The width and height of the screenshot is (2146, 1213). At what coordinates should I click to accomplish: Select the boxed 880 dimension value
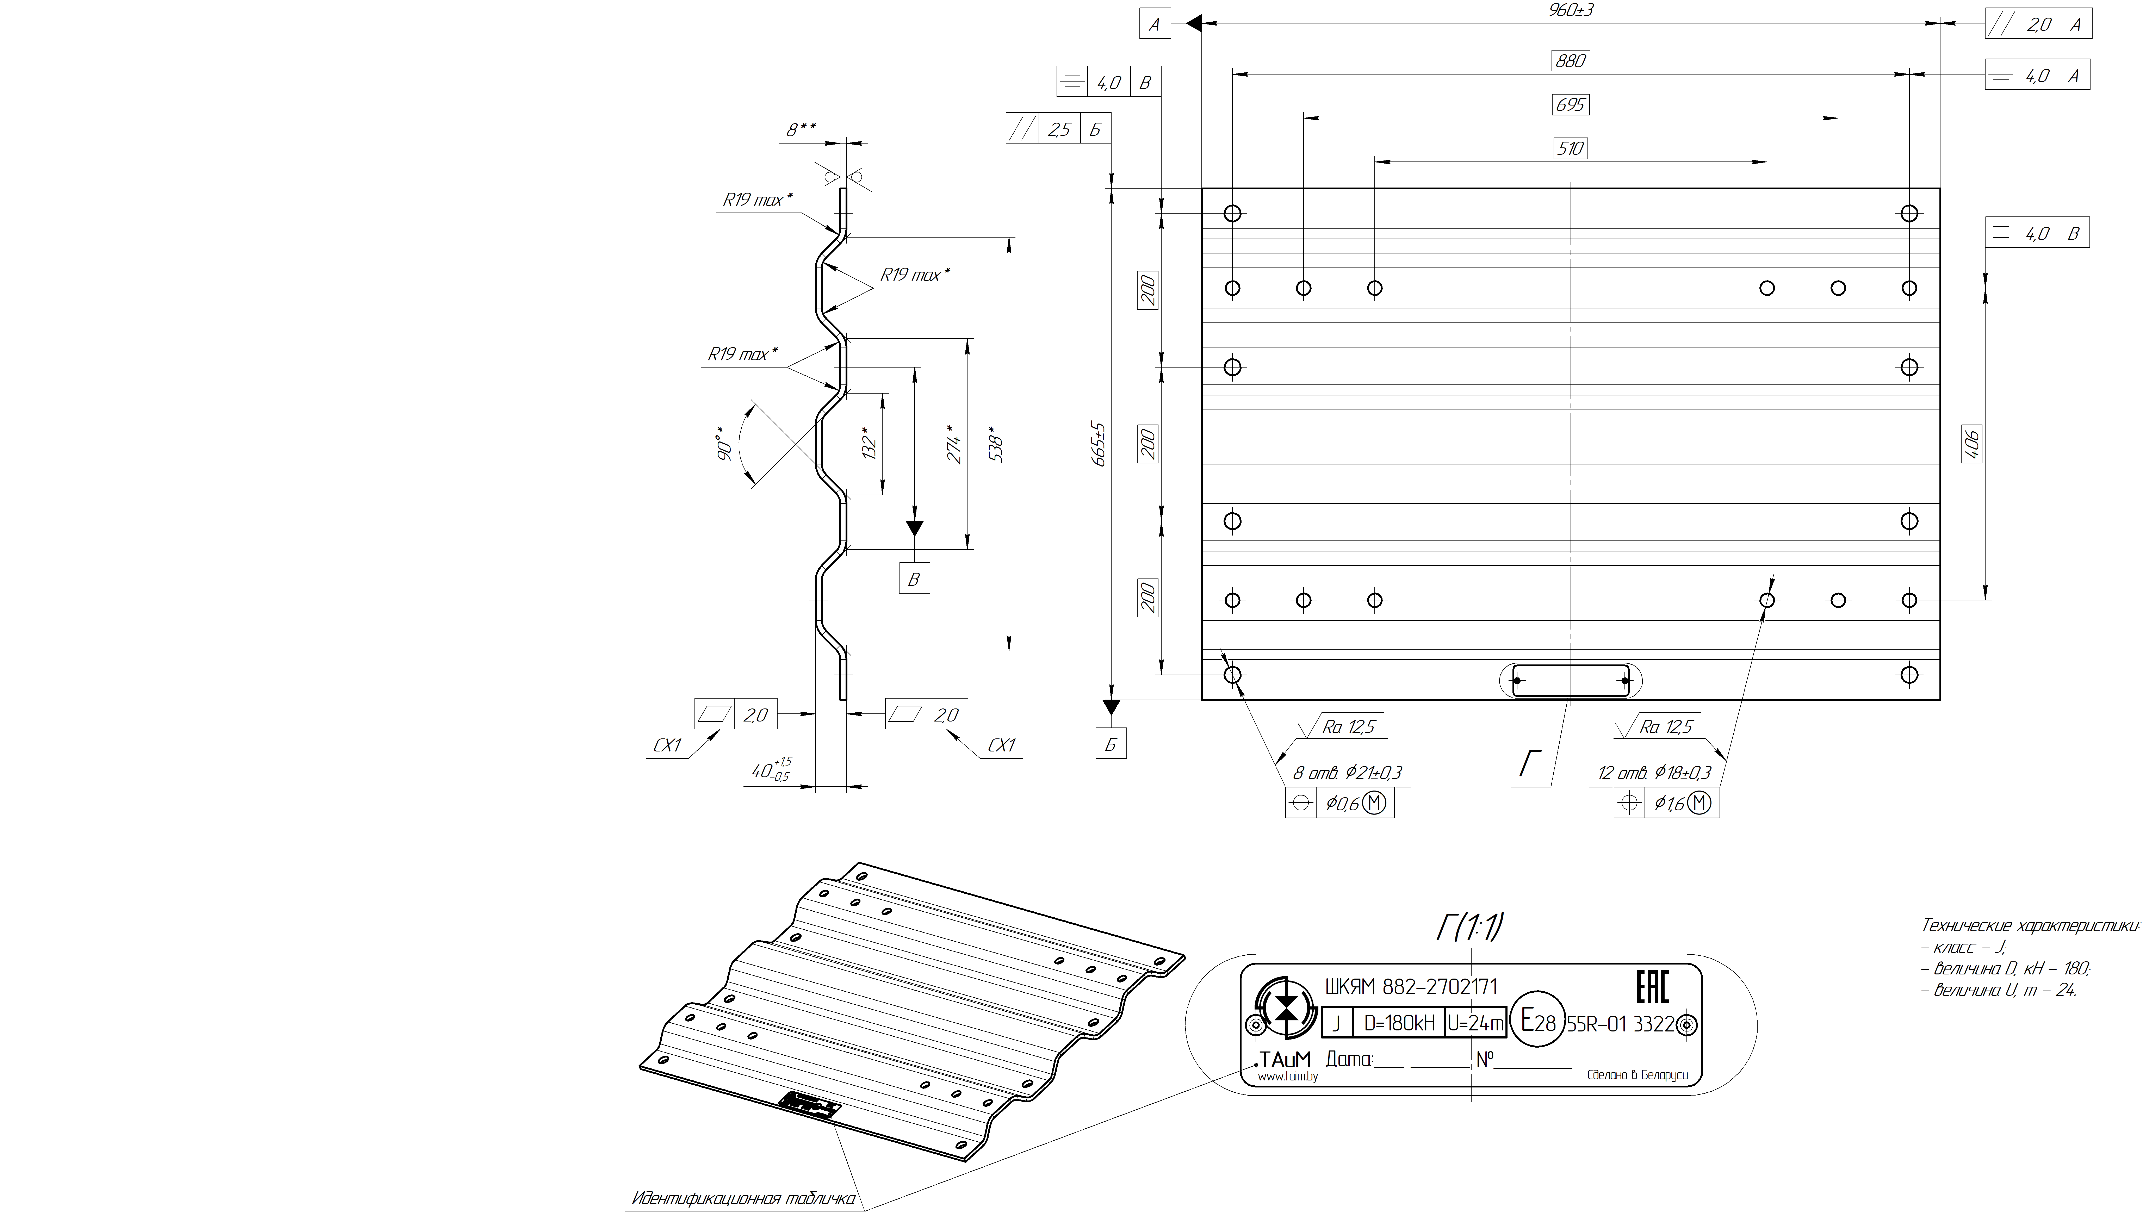[1570, 61]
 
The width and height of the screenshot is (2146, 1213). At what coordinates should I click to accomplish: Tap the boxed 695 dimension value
[1570, 105]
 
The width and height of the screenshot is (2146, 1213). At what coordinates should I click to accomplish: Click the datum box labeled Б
[1111, 744]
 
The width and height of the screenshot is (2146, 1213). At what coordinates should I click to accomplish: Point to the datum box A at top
[1155, 24]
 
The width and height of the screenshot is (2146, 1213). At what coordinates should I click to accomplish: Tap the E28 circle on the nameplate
[1537, 1021]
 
